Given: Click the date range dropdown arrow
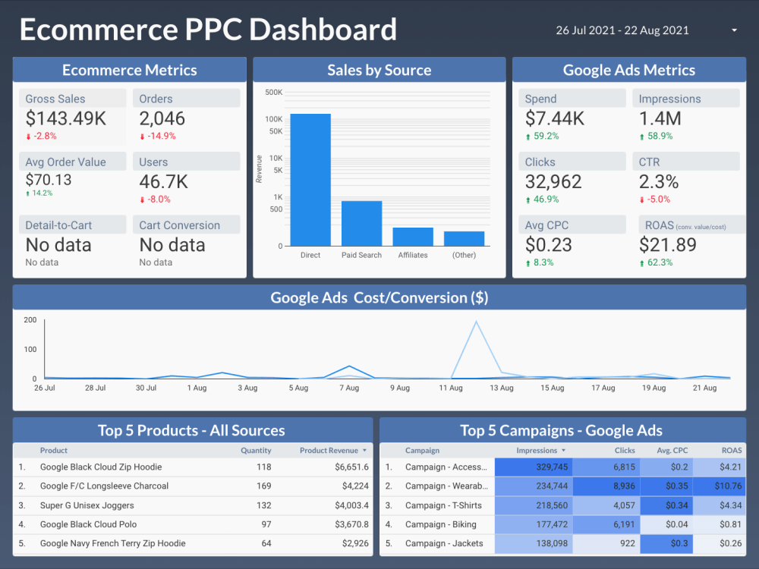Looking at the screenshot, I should tap(734, 30).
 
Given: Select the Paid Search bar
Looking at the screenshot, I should tap(361, 223).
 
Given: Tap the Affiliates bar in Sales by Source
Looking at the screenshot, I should tap(413, 236).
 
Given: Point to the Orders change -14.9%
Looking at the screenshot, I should tap(161, 137).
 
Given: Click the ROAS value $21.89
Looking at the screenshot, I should tap(667, 244).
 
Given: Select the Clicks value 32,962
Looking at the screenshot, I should tap(553, 181).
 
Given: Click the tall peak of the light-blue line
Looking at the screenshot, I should tap(476, 322).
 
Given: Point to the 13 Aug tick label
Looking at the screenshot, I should tap(501, 388).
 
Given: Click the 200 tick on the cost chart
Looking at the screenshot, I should tap(30, 319).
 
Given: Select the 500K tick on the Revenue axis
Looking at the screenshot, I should tap(273, 93).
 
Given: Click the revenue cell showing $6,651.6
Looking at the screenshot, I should tap(352, 467).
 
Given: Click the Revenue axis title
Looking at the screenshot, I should tap(259, 168).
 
